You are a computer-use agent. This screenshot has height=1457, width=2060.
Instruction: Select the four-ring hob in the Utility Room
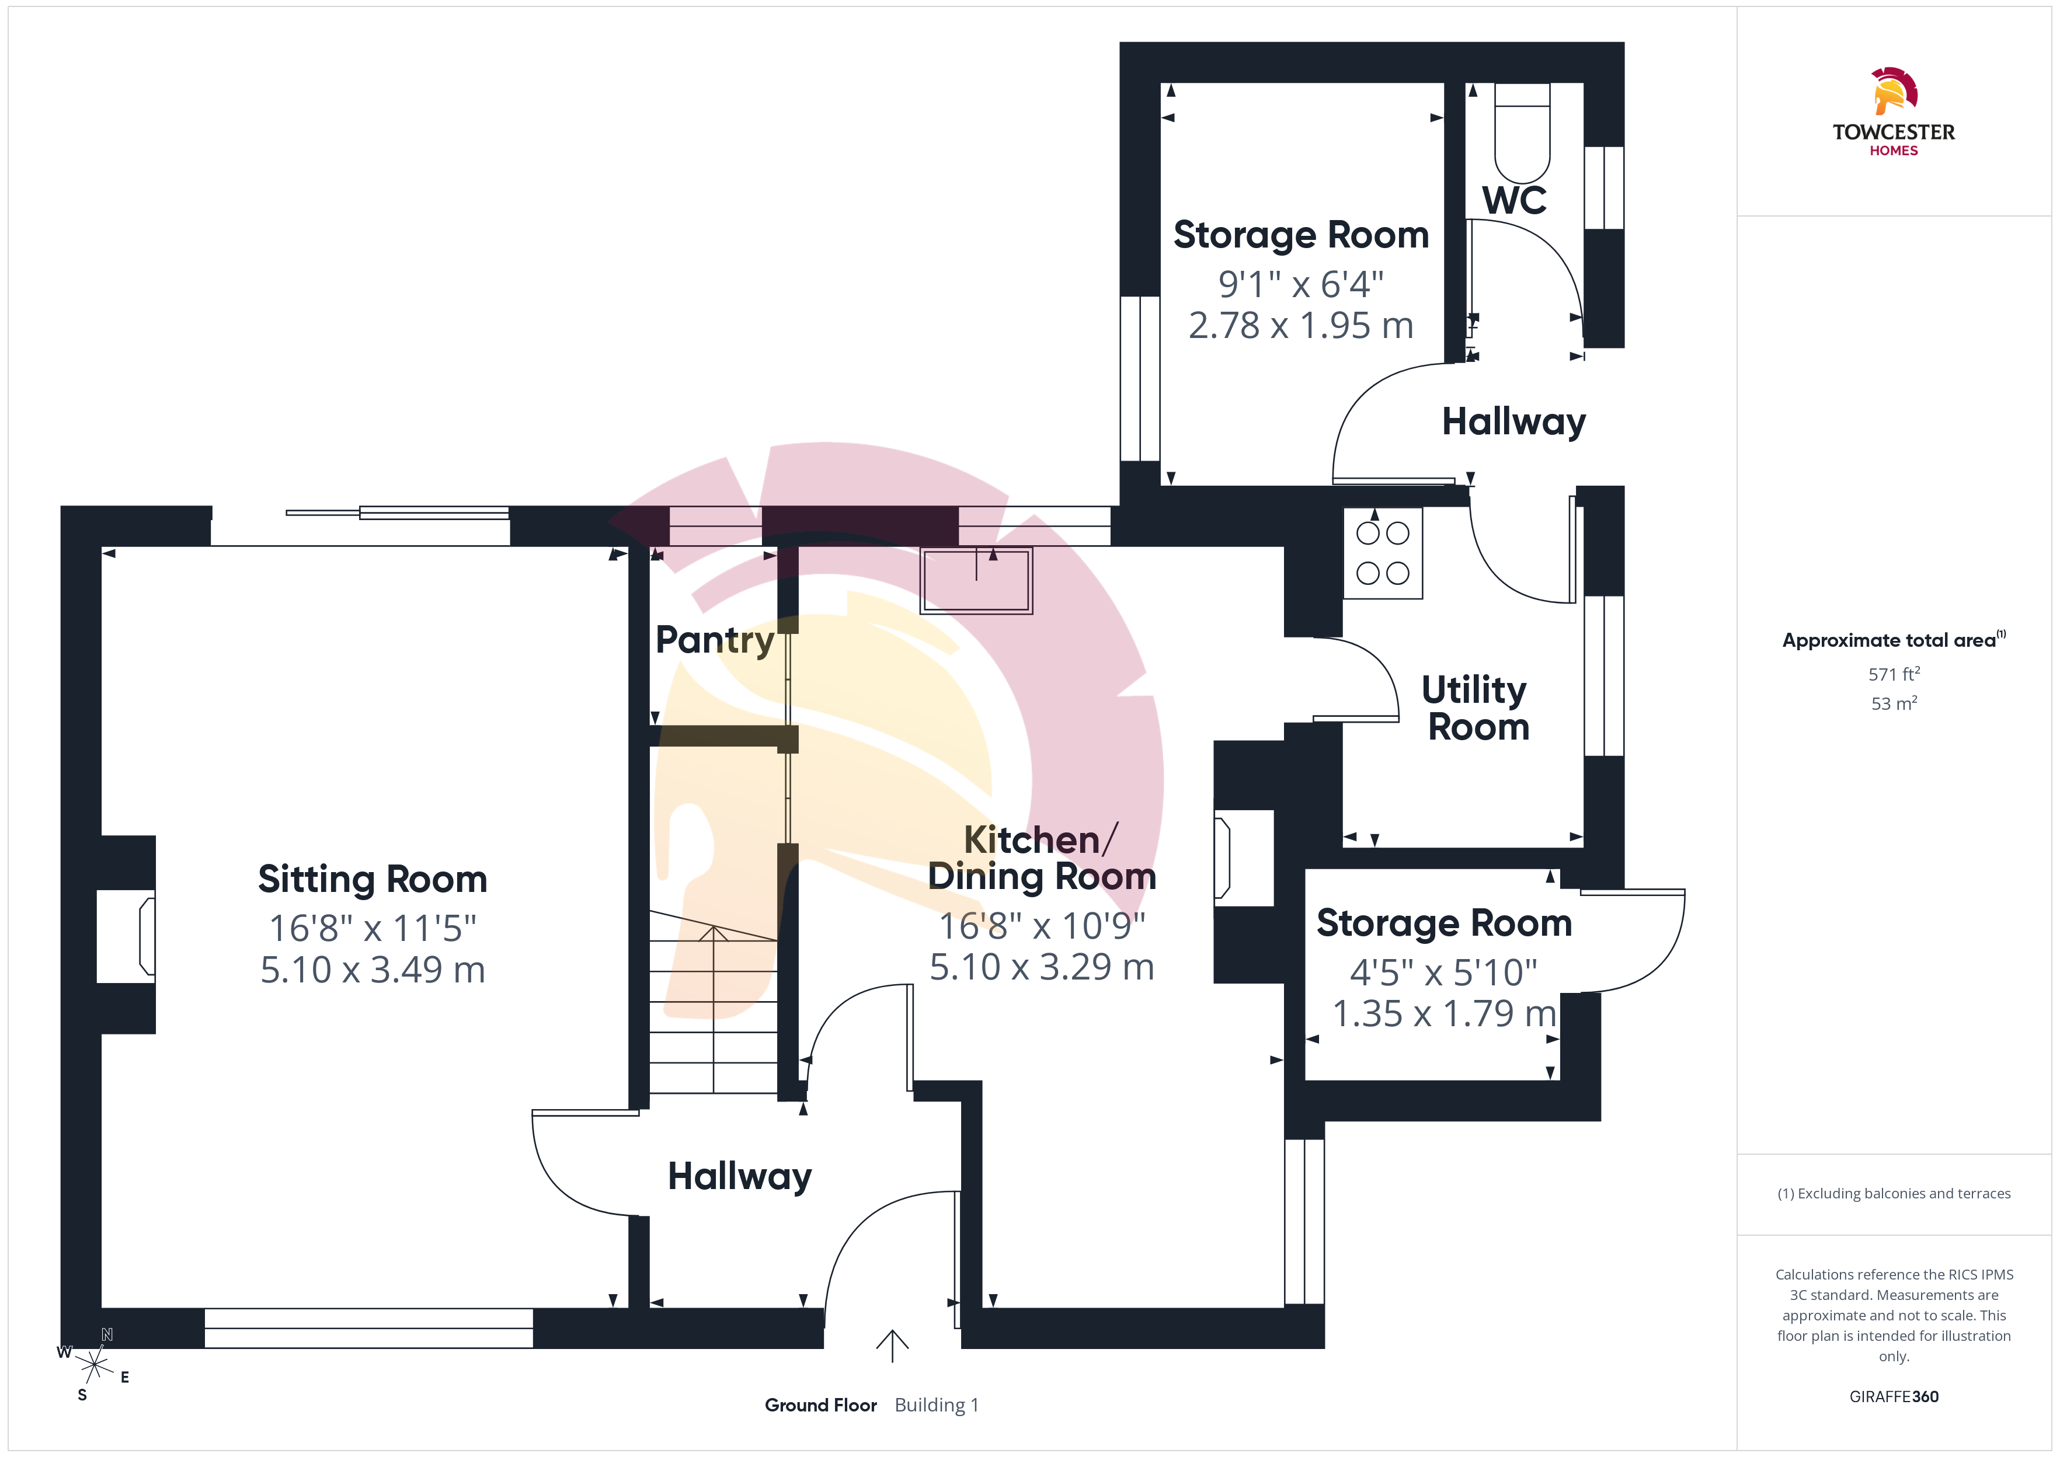tap(1383, 553)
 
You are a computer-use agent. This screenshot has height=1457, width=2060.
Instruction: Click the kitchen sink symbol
tap(976, 580)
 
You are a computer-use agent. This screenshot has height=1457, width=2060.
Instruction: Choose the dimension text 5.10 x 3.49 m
tap(373, 970)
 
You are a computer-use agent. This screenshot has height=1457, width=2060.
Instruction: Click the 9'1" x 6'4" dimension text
tap(1301, 284)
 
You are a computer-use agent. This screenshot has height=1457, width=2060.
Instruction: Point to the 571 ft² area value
tap(1894, 674)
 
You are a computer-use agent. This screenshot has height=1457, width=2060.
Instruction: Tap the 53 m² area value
tap(1894, 703)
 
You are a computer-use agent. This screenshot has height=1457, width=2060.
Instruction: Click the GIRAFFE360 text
tap(1894, 1397)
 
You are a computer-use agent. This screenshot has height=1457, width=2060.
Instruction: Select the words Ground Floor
tap(820, 1405)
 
